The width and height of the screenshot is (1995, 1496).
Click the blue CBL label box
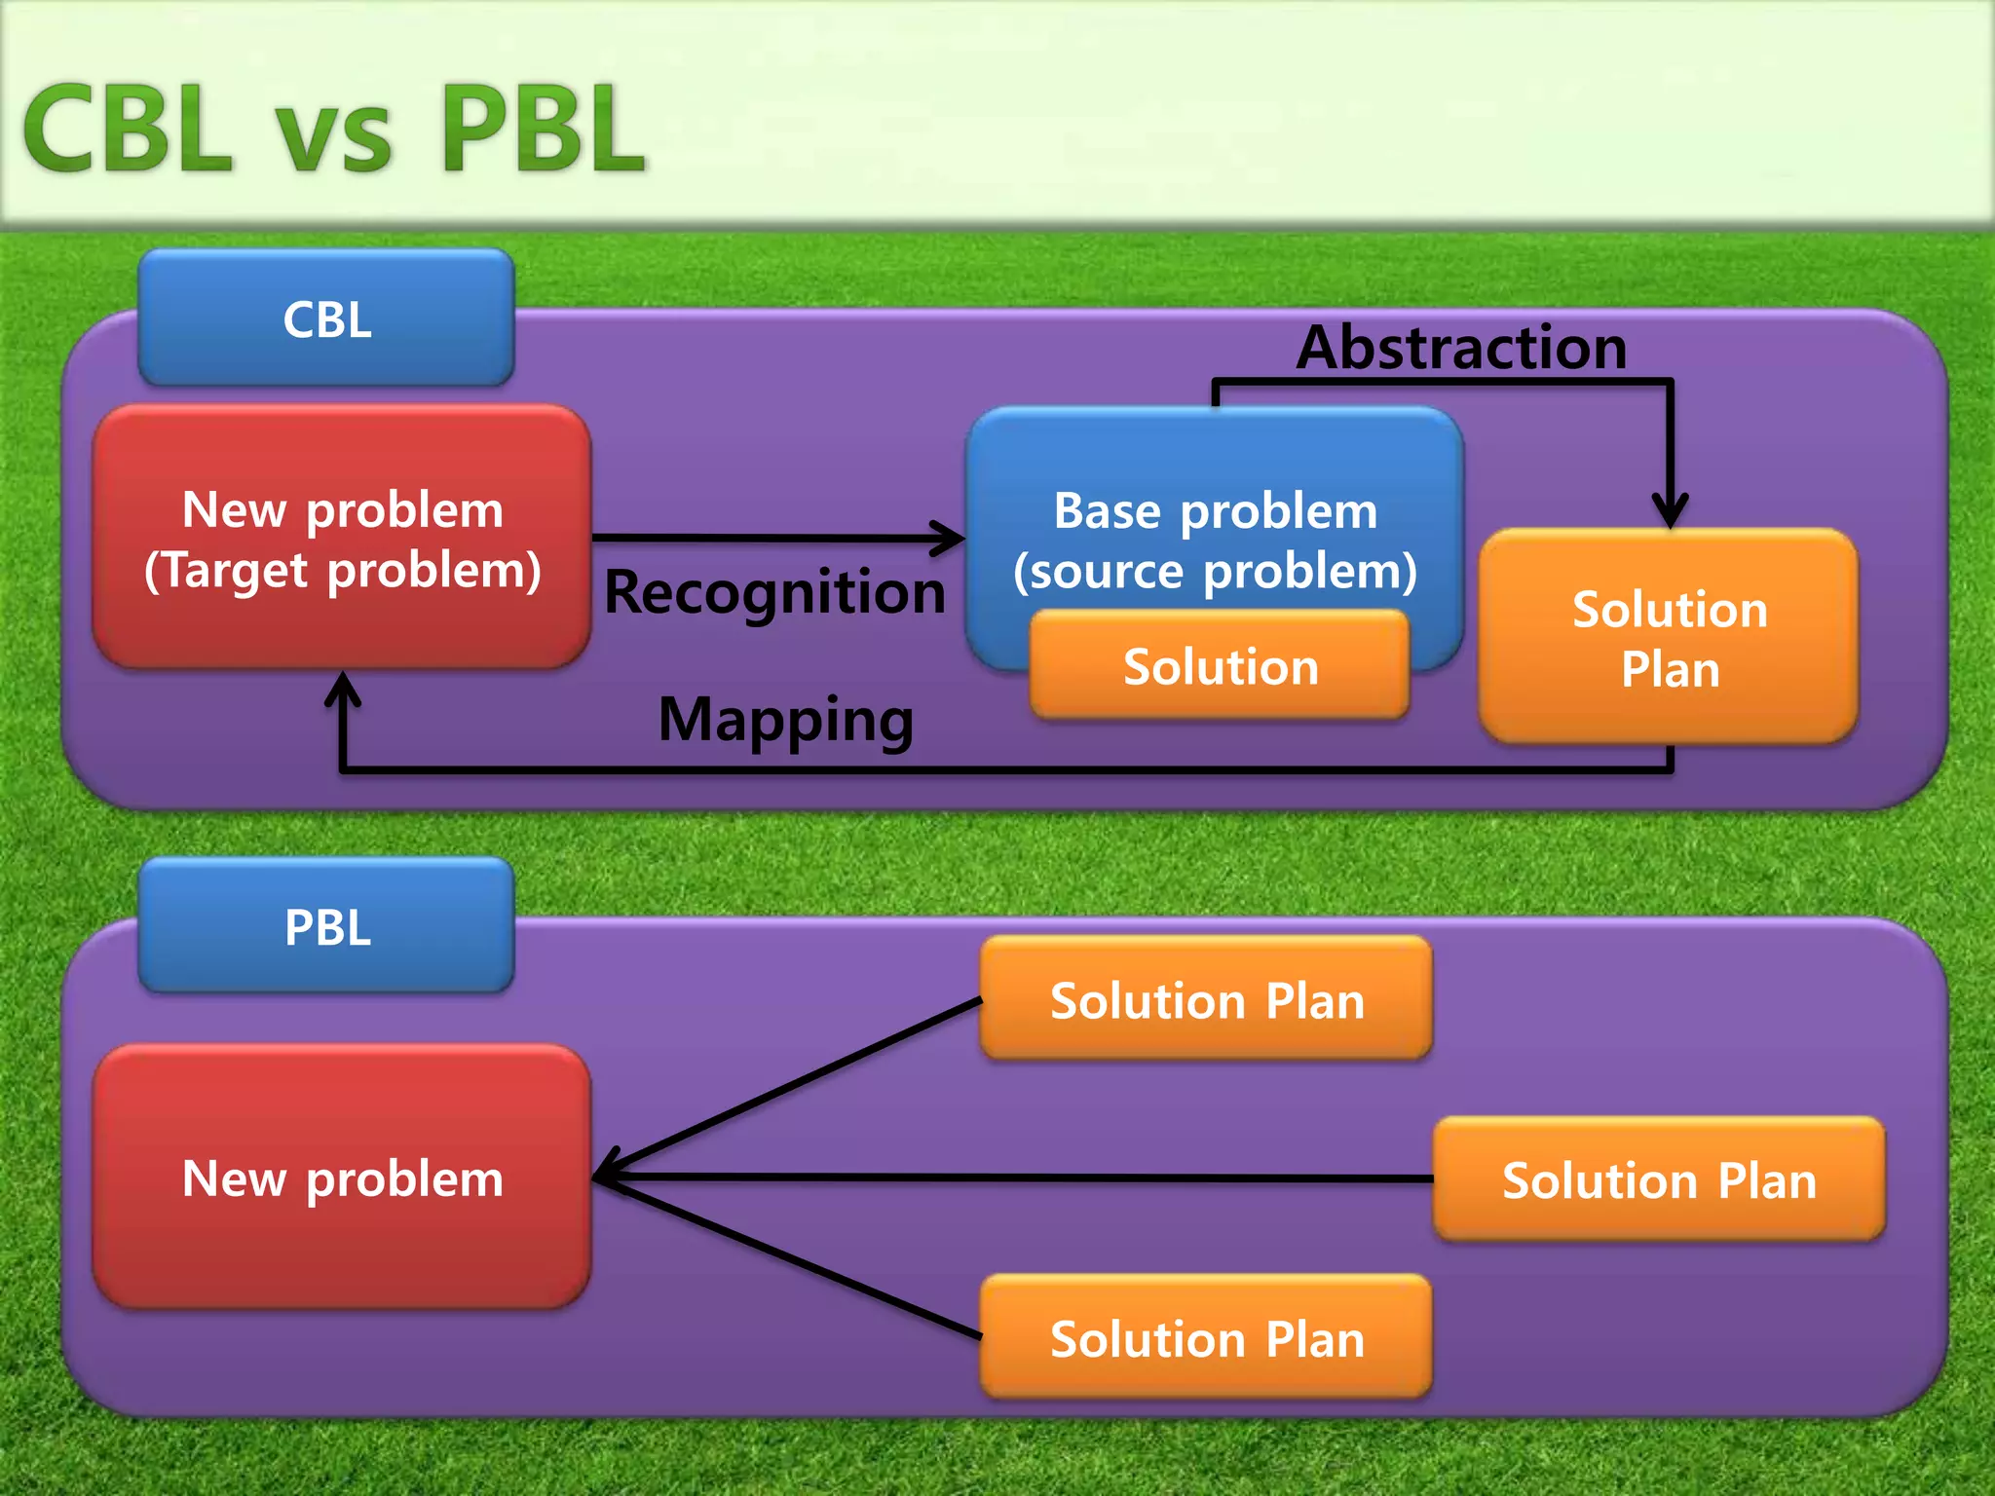tap(326, 318)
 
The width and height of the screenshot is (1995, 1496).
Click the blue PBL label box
tap(326, 926)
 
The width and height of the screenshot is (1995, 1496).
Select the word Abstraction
tap(1461, 348)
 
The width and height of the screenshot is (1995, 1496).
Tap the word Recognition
tap(774, 591)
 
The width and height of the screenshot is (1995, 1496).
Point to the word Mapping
tap(785, 720)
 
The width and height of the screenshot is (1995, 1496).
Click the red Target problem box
tap(342, 538)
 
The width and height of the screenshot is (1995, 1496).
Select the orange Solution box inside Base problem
tap(1220, 667)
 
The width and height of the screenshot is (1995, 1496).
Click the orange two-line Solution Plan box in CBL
tap(1669, 638)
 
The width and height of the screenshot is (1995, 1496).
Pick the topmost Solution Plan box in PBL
tap(1206, 1000)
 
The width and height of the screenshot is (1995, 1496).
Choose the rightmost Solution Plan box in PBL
tap(1659, 1179)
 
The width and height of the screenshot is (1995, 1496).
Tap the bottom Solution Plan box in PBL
tap(1206, 1337)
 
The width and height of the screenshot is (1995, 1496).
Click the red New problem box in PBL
tap(342, 1178)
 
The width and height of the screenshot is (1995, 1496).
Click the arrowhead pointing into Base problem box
tap(950, 538)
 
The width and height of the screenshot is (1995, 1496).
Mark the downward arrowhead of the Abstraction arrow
tap(1670, 511)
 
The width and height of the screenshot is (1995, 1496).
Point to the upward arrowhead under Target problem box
tap(342, 688)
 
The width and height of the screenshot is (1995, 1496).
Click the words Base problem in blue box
tap(1216, 510)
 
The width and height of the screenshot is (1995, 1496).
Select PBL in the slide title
tap(542, 129)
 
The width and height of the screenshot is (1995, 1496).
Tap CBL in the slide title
tap(127, 129)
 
